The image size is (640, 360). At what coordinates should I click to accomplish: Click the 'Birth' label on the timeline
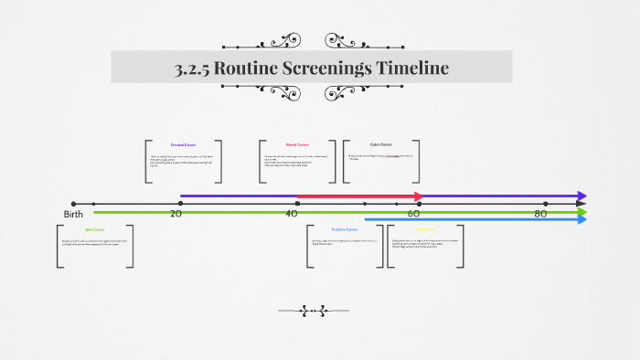(x=73, y=214)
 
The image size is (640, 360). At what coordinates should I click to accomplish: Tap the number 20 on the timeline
(x=176, y=213)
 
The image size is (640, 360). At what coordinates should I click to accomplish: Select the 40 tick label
(x=292, y=213)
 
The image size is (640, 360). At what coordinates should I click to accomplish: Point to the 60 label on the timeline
(x=413, y=213)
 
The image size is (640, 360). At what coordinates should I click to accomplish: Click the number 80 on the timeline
(x=540, y=213)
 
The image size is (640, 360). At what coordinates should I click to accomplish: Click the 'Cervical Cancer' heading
(x=184, y=144)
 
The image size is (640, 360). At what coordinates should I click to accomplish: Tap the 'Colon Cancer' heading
(x=381, y=143)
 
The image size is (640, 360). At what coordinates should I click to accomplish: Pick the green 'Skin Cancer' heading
(x=95, y=229)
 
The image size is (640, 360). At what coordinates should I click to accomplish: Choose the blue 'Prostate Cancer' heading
(x=345, y=229)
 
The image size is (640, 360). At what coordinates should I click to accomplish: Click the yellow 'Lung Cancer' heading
(x=426, y=229)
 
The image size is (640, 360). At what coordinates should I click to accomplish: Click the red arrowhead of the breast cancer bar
(x=419, y=196)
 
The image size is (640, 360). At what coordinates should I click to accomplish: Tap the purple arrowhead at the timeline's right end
(x=581, y=196)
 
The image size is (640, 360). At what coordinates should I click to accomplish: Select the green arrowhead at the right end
(x=581, y=212)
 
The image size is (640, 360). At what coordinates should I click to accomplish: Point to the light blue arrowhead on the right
(x=581, y=219)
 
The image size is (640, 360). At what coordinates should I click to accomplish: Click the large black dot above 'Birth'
(x=73, y=204)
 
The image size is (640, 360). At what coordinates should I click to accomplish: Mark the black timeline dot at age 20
(x=180, y=204)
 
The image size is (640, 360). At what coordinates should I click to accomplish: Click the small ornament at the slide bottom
(x=314, y=311)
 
